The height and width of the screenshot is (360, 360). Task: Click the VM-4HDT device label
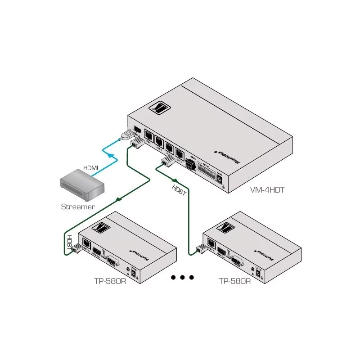267,190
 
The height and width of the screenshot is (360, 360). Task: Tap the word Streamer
78,207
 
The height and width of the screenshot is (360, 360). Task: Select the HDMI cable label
90,167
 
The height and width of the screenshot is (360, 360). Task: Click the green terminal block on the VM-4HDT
191,164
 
